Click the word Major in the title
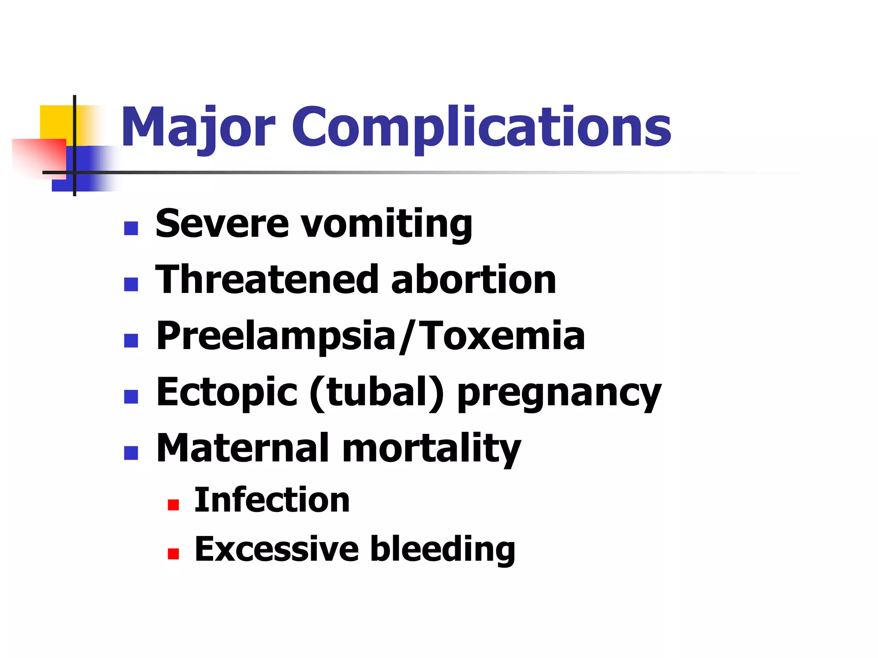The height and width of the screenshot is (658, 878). [198, 127]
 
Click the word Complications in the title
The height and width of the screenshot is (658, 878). [481, 127]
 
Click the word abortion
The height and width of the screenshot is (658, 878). [473, 279]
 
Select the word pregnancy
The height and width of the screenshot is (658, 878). [559, 393]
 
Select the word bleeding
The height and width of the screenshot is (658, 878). [442, 549]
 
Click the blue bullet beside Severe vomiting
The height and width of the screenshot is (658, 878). [131, 228]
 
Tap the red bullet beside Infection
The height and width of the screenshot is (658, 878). [173, 505]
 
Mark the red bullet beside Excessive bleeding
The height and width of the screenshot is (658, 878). [173, 554]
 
